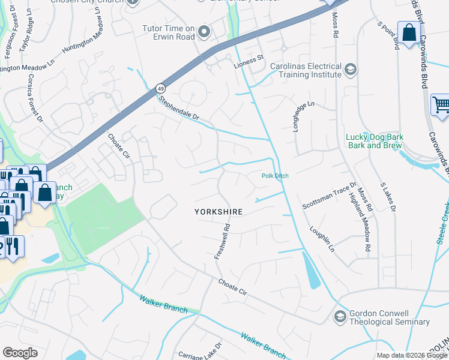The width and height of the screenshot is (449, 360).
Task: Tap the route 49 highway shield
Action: (x=160, y=88)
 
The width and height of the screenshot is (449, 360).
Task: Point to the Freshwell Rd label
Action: (x=223, y=242)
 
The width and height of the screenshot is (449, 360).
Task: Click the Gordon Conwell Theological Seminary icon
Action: (x=340, y=316)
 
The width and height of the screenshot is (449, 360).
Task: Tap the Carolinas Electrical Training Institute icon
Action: (x=350, y=70)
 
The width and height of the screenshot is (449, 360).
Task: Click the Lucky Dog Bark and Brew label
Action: (x=375, y=141)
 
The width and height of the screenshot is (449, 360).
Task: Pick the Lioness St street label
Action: (x=252, y=59)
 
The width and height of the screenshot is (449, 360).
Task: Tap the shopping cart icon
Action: (x=441, y=105)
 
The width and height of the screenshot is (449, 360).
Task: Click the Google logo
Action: (x=20, y=353)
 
